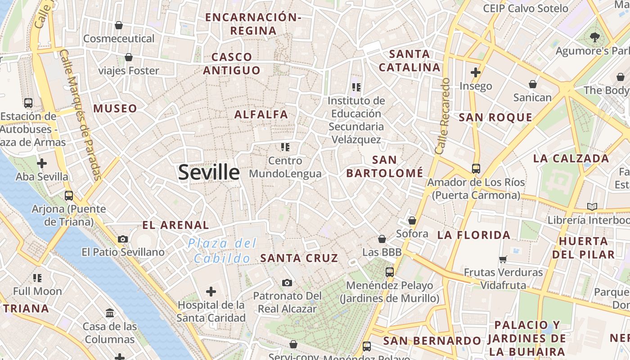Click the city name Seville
[209, 172]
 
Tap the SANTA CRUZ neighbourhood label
[299, 258]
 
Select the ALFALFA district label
[261, 114]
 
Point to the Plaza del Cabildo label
[222, 251]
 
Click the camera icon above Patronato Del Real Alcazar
[287, 283]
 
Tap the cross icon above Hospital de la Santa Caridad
[211, 292]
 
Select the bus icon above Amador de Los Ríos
[476, 169]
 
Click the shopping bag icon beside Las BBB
[382, 239]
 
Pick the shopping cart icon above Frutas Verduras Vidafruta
[503, 259]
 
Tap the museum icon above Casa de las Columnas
[110, 313]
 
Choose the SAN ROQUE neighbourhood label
[495, 117]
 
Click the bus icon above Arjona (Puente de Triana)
[68, 196]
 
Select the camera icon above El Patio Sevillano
[123, 239]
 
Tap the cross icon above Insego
[476, 72]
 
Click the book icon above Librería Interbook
[592, 207]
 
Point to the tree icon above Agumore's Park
[595, 37]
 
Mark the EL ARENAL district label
[175, 225]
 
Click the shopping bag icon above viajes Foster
[129, 57]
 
